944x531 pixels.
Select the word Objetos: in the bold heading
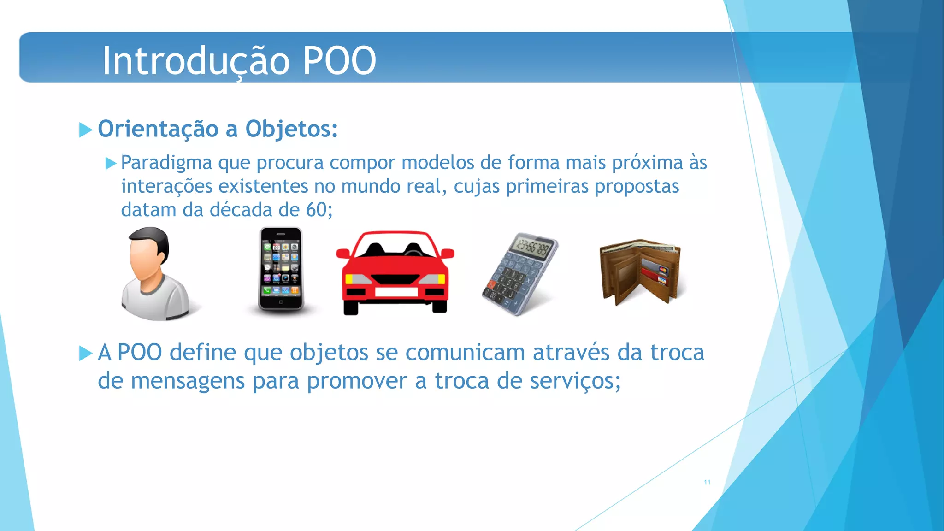click(x=291, y=129)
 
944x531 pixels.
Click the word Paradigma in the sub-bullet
click(x=166, y=163)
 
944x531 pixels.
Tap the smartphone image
click(x=280, y=269)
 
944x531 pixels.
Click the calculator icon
click(x=519, y=275)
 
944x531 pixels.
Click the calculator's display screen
click(x=532, y=248)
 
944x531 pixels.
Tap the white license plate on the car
click(x=396, y=292)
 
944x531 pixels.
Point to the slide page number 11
click(x=707, y=483)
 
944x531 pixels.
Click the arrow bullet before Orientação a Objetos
click(x=85, y=130)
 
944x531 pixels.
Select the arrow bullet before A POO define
click(x=85, y=354)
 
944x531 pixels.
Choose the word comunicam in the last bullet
click(x=465, y=353)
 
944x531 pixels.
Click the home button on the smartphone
click(x=281, y=302)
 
